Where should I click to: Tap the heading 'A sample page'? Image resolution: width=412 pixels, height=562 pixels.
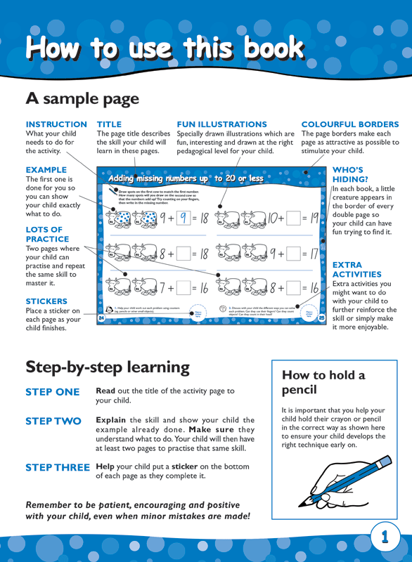pos(82,98)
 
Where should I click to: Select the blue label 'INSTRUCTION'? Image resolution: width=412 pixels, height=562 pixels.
pos(56,124)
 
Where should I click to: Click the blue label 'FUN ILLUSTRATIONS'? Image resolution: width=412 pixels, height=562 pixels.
pos(221,124)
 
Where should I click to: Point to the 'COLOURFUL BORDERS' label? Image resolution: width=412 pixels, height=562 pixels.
pos(349,124)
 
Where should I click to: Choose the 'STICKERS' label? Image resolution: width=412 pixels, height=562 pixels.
pos(46,301)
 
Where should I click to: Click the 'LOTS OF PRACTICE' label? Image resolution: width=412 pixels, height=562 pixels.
pos(44,235)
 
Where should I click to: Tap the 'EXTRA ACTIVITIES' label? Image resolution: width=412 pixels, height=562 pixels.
pos(356,270)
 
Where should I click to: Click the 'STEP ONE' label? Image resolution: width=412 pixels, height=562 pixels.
pos(53,392)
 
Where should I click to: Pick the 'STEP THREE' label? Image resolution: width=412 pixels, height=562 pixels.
pos(58,467)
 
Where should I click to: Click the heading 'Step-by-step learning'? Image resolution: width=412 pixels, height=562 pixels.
pos(108,367)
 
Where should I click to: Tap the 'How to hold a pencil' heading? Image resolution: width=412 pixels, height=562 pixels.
pos(323,382)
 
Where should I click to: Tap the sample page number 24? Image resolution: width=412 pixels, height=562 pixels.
pos(101,318)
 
